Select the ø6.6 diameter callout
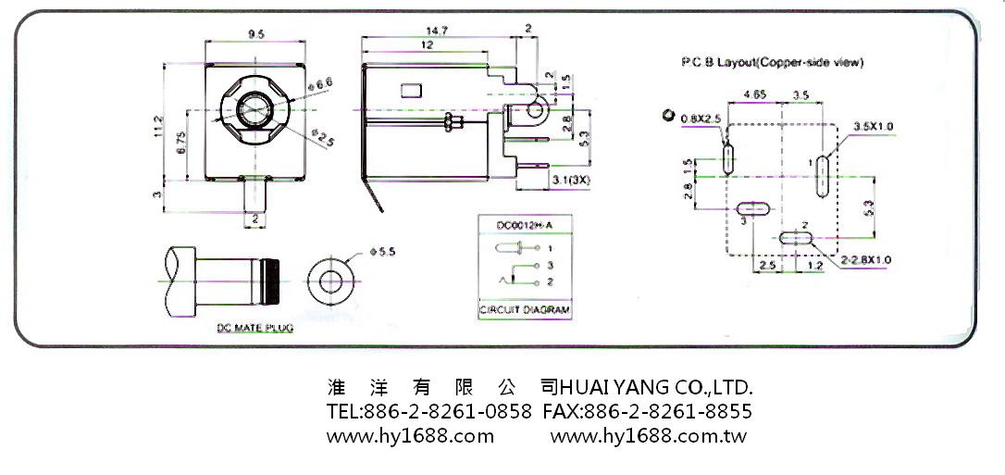[324, 85]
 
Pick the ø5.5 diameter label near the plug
[381, 252]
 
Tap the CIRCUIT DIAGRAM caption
[524, 310]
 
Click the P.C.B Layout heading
[772, 63]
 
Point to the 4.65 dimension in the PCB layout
[755, 95]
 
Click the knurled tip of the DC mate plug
[275, 280]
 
